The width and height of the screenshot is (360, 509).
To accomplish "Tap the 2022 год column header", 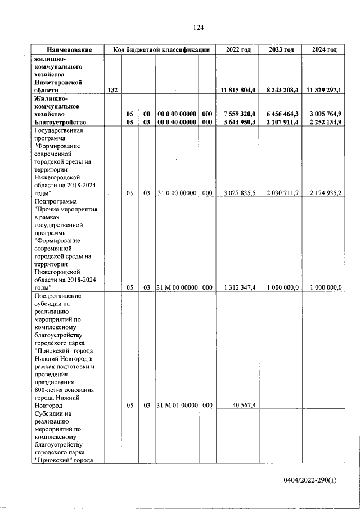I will click(x=238, y=49).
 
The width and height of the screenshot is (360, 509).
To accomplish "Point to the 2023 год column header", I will click(x=281, y=49).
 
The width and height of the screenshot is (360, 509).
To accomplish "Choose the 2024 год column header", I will click(x=325, y=49).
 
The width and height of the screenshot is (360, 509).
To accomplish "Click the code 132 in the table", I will click(x=112, y=90).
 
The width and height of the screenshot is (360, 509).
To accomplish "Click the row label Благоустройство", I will click(x=60, y=122).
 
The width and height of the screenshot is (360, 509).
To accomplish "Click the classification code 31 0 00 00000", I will click(x=177, y=193).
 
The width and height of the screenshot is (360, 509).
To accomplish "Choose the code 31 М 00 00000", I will click(x=177, y=287).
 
